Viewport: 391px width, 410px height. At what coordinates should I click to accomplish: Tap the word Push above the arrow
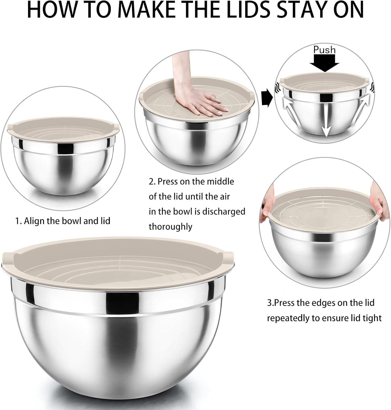pos(324,50)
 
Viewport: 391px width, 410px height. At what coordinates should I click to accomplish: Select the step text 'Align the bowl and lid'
pos(67,221)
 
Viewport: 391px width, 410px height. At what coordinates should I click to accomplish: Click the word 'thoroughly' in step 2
pos(170,227)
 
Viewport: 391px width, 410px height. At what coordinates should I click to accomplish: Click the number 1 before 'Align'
pos(17,221)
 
